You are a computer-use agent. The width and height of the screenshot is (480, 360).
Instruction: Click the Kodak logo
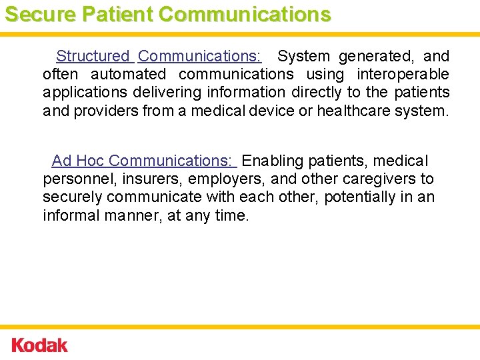click(x=40, y=345)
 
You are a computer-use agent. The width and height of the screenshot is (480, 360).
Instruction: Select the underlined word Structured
click(x=93, y=57)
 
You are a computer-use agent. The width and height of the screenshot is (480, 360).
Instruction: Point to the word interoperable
click(x=403, y=75)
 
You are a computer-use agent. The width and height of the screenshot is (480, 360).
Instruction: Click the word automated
click(x=128, y=75)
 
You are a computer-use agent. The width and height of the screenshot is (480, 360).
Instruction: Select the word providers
click(x=106, y=110)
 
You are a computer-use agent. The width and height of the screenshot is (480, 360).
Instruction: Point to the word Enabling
click(x=273, y=161)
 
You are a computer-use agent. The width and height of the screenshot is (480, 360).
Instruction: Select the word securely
click(x=71, y=197)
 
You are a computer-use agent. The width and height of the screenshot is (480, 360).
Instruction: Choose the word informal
click(x=72, y=215)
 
